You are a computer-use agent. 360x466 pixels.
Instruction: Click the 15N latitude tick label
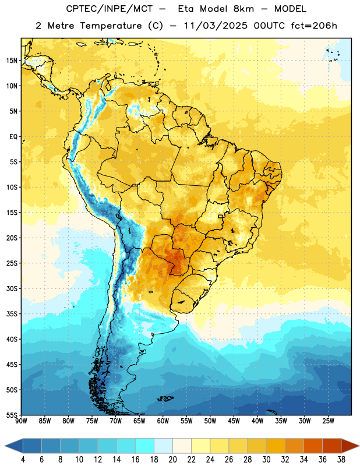pos(12,61)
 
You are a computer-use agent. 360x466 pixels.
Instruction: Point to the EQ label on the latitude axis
pos(13,137)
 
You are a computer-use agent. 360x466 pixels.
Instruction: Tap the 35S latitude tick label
pos(12,314)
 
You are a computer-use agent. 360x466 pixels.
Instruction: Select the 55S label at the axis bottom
pos(12,415)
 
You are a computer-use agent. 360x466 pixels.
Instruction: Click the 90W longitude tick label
pos(21,421)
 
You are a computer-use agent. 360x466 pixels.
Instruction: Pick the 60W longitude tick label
pos(163,421)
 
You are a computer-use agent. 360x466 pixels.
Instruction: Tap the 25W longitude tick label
pos(328,421)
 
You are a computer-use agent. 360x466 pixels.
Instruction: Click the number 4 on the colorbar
pos(23,460)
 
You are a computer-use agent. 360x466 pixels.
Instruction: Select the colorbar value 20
pos(172,460)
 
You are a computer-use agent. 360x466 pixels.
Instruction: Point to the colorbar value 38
pos(341,460)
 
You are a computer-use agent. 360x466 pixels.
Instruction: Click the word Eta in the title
pos(186,9)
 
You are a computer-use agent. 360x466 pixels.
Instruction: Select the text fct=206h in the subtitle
pos(314,26)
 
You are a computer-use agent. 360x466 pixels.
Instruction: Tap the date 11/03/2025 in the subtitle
pos(215,26)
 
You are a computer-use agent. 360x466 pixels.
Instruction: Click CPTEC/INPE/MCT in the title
pos(110,9)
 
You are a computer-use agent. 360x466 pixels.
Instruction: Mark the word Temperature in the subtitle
pos(111,26)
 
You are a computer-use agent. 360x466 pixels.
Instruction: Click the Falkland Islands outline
pos(165,398)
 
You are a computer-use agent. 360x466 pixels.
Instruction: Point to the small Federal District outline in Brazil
pos(221,216)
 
